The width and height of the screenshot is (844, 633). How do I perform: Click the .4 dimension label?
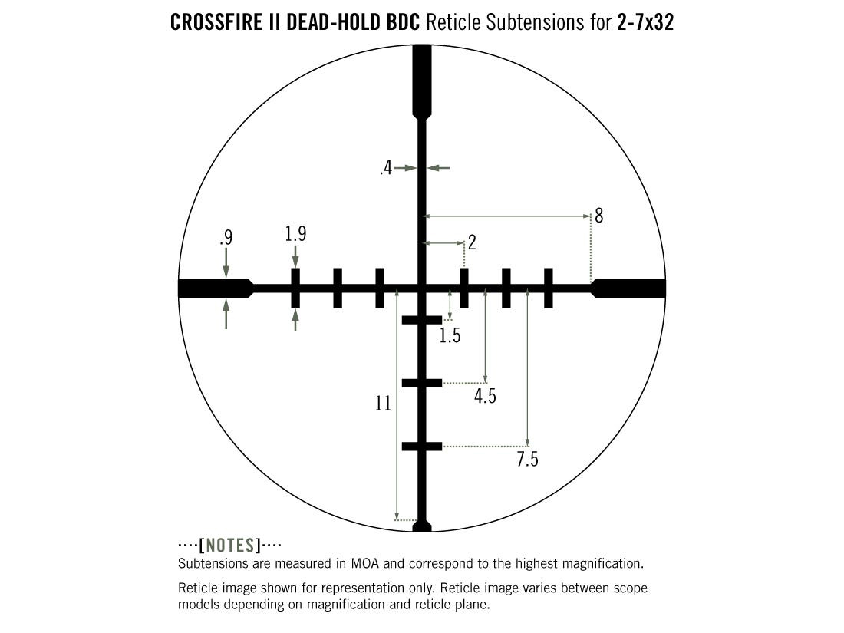(x=386, y=169)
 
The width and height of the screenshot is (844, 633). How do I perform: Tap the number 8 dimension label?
(x=598, y=216)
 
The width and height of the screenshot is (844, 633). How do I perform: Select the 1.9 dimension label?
(x=295, y=234)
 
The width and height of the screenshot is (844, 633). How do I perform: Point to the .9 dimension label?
(x=226, y=237)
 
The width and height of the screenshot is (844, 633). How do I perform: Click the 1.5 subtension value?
(x=450, y=336)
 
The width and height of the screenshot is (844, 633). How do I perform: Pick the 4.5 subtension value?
(x=485, y=397)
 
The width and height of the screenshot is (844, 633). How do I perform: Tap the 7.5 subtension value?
(x=528, y=460)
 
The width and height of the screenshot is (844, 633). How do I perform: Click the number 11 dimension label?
(x=383, y=404)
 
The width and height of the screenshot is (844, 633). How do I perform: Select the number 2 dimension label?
(x=472, y=242)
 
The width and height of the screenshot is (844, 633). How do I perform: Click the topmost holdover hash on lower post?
(x=422, y=320)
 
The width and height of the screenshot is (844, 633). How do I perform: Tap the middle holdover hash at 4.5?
(x=422, y=383)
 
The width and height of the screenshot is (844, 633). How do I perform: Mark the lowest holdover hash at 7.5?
(x=422, y=447)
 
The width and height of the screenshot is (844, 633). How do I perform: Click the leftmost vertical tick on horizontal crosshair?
(x=295, y=288)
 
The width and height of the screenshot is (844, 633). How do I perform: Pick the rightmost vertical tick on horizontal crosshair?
(x=549, y=288)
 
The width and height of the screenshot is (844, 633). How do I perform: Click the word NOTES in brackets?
(x=230, y=546)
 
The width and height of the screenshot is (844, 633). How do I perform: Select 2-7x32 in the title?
(x=645, y=23)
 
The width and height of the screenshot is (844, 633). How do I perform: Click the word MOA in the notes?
(x=365, y=564)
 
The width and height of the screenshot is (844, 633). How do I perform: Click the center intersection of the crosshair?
(x=422, y=288)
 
